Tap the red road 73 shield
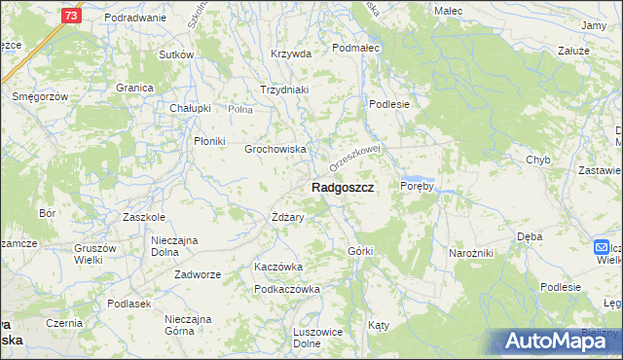click(x=70, y=16)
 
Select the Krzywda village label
click(x=291, y=54)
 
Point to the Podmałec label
click(x=354, y=47)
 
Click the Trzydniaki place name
click(x=283, y=90)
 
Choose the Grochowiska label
click(x=275, y=150)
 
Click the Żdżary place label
click(x=288, y=218)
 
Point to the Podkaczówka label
click(x=287, y=289)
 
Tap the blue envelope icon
click(x=602, y=248)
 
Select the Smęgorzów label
click(x=39, y=97)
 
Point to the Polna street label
click(x=240, y=110)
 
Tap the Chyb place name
click(x=538, y=160)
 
